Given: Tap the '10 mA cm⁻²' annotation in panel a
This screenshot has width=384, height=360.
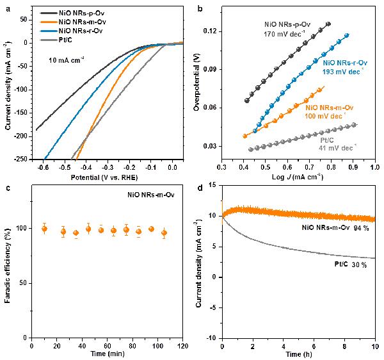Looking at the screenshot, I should tap(76, 59).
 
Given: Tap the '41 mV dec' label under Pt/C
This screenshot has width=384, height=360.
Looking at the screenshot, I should tap(333, 147).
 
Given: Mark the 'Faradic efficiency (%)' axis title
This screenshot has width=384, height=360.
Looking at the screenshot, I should tap(7, 263).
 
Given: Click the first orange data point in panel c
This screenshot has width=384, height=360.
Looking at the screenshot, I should tap(44, 229).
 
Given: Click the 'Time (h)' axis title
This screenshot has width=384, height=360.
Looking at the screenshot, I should tap(298, 354).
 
